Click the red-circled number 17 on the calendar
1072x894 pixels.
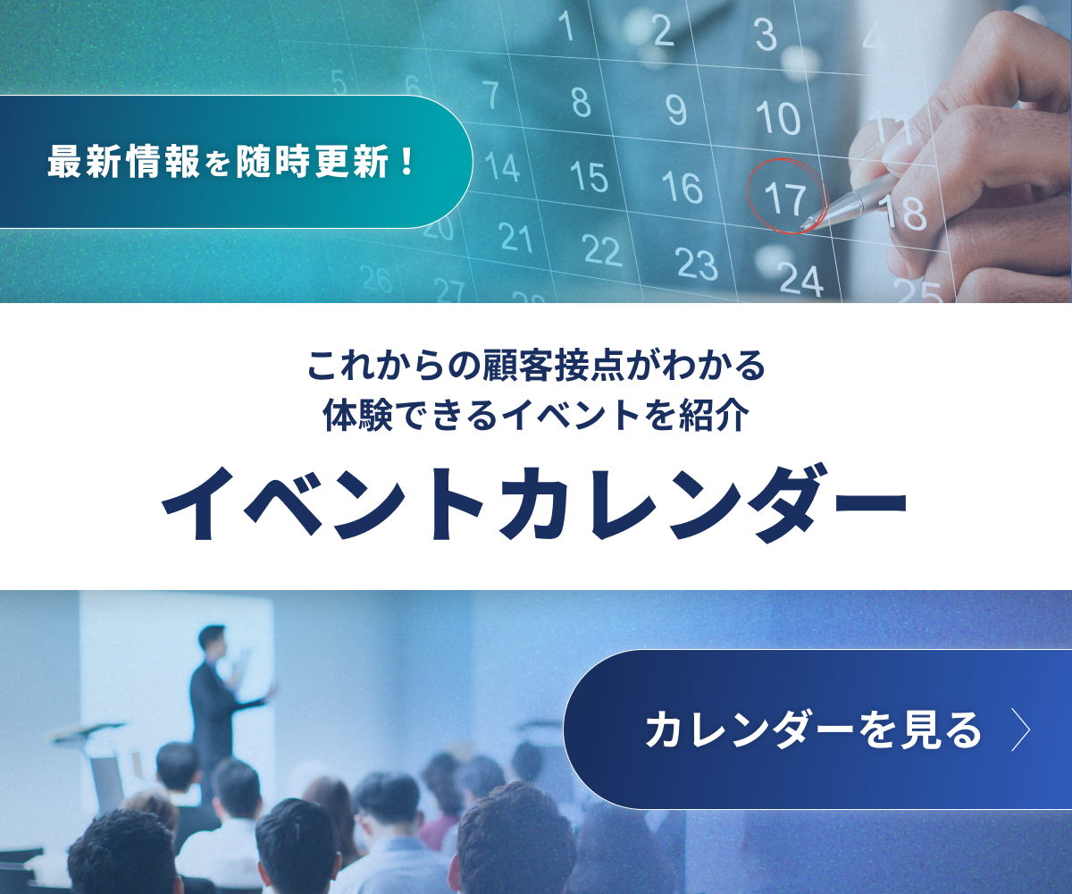coord(785,198)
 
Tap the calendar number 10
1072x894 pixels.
coord(776,117)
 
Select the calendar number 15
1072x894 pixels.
coord(589,176)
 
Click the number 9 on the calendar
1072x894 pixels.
coord(676,109)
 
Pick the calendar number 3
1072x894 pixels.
coord(766,36)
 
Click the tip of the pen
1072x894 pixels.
coord(806,223)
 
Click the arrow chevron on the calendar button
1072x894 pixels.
coord(1020,730)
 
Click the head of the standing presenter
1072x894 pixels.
coord(213,640)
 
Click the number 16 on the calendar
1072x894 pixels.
coord(683,187)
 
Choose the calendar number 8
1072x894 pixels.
coord(582,102)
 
